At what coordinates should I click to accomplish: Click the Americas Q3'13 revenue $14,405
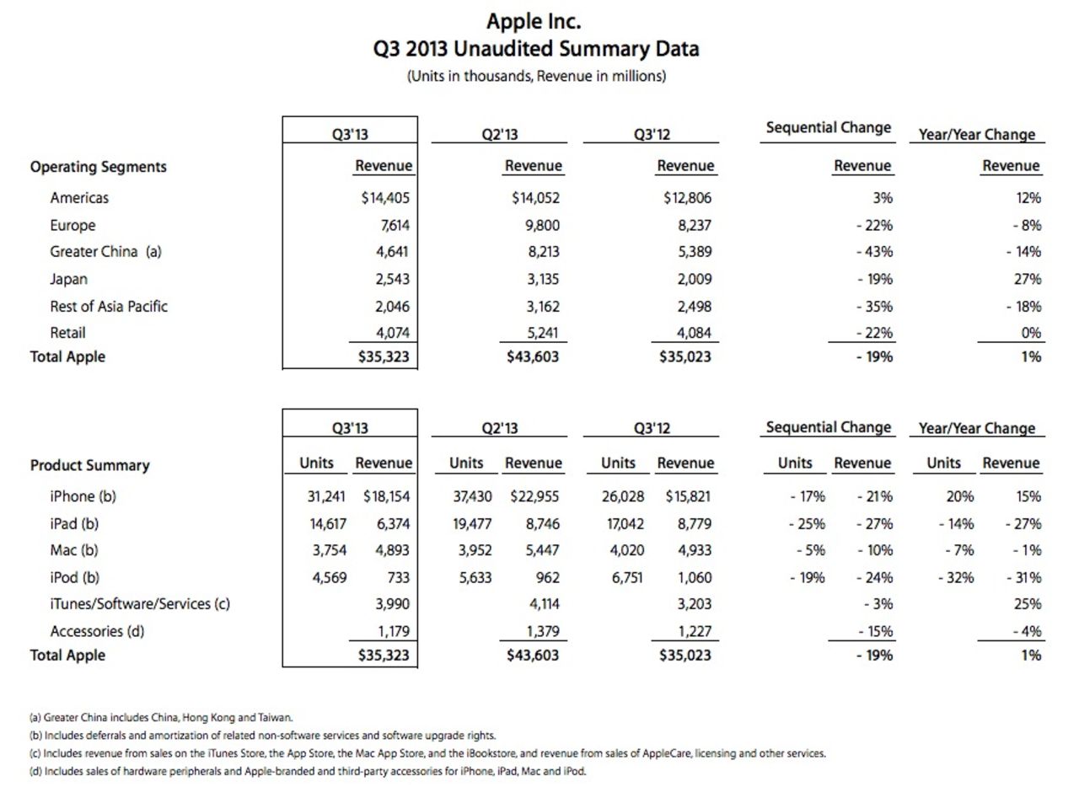384,198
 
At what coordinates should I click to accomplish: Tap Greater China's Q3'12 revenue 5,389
693,251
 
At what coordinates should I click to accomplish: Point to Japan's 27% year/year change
1028,279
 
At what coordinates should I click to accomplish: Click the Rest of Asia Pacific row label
109,306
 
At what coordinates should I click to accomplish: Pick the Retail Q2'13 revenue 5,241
541,332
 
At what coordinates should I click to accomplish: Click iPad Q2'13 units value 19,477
472,523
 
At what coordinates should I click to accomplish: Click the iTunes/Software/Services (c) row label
140,603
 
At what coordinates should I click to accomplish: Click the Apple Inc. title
534,21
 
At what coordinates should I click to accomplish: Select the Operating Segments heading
99,167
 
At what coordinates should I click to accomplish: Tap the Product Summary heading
90,465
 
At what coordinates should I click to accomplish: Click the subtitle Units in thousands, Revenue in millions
536,76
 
